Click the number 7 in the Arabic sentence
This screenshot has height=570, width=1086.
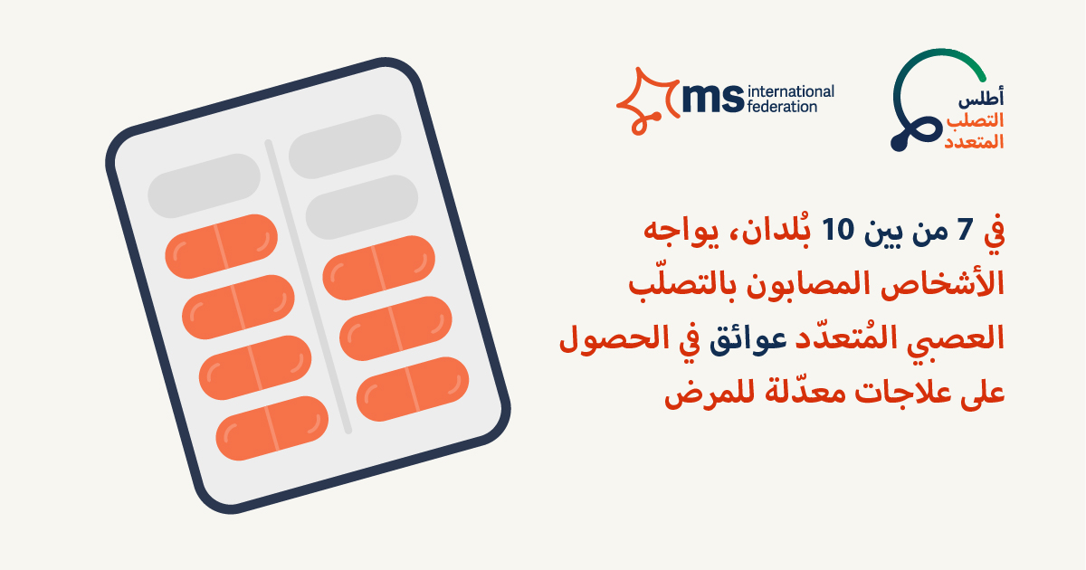pyautogui.click(x=966, y=230)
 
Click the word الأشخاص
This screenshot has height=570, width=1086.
pyautogui.click(x=942, y=283)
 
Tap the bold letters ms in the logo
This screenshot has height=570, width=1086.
pyautogui.click(x=712, y=98)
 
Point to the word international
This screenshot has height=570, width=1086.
pyautogui.click(x=791, y=91)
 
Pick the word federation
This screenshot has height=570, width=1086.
pyautogui.click(x=782, y=106)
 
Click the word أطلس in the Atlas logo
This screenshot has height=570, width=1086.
pyautogui.click(x=981, y=99)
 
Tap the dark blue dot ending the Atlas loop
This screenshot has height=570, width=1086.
pyautogui.click(x=899, y=144)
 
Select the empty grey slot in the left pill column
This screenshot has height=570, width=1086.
pyautogui.click(x=205, y=186)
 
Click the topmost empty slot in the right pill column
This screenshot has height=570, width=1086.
pyautogui.click(x=345, y=147)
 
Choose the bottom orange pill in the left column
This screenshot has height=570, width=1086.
pyautogui.click(x=272, y=429)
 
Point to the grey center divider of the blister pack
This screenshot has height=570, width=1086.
pyautogui.click(x=308, y=287)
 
